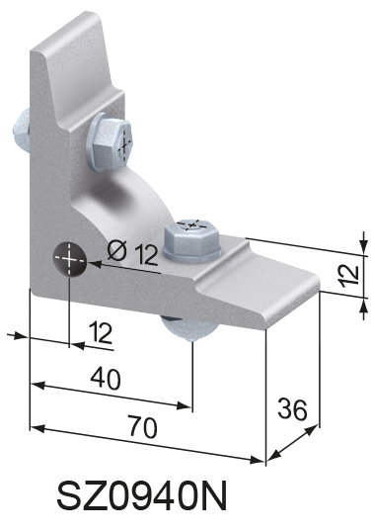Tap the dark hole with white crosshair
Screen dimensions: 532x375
70,259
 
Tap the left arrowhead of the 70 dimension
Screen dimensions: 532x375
36,427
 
